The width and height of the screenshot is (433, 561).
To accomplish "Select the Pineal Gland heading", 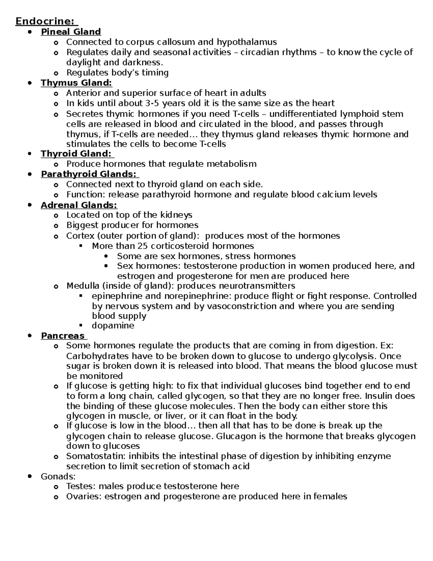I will point(71,32).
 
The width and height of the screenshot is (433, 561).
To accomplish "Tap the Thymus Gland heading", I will point(76,83).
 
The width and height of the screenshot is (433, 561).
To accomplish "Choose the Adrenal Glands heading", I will point(79,205).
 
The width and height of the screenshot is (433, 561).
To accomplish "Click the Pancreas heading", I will point(63,336).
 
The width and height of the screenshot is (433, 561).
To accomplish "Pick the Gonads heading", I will point(58,476).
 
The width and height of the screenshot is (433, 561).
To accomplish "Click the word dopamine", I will point(113,325).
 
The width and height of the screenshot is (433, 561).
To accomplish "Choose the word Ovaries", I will point(84,496).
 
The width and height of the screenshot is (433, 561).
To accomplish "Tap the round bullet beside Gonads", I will point(30,476).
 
